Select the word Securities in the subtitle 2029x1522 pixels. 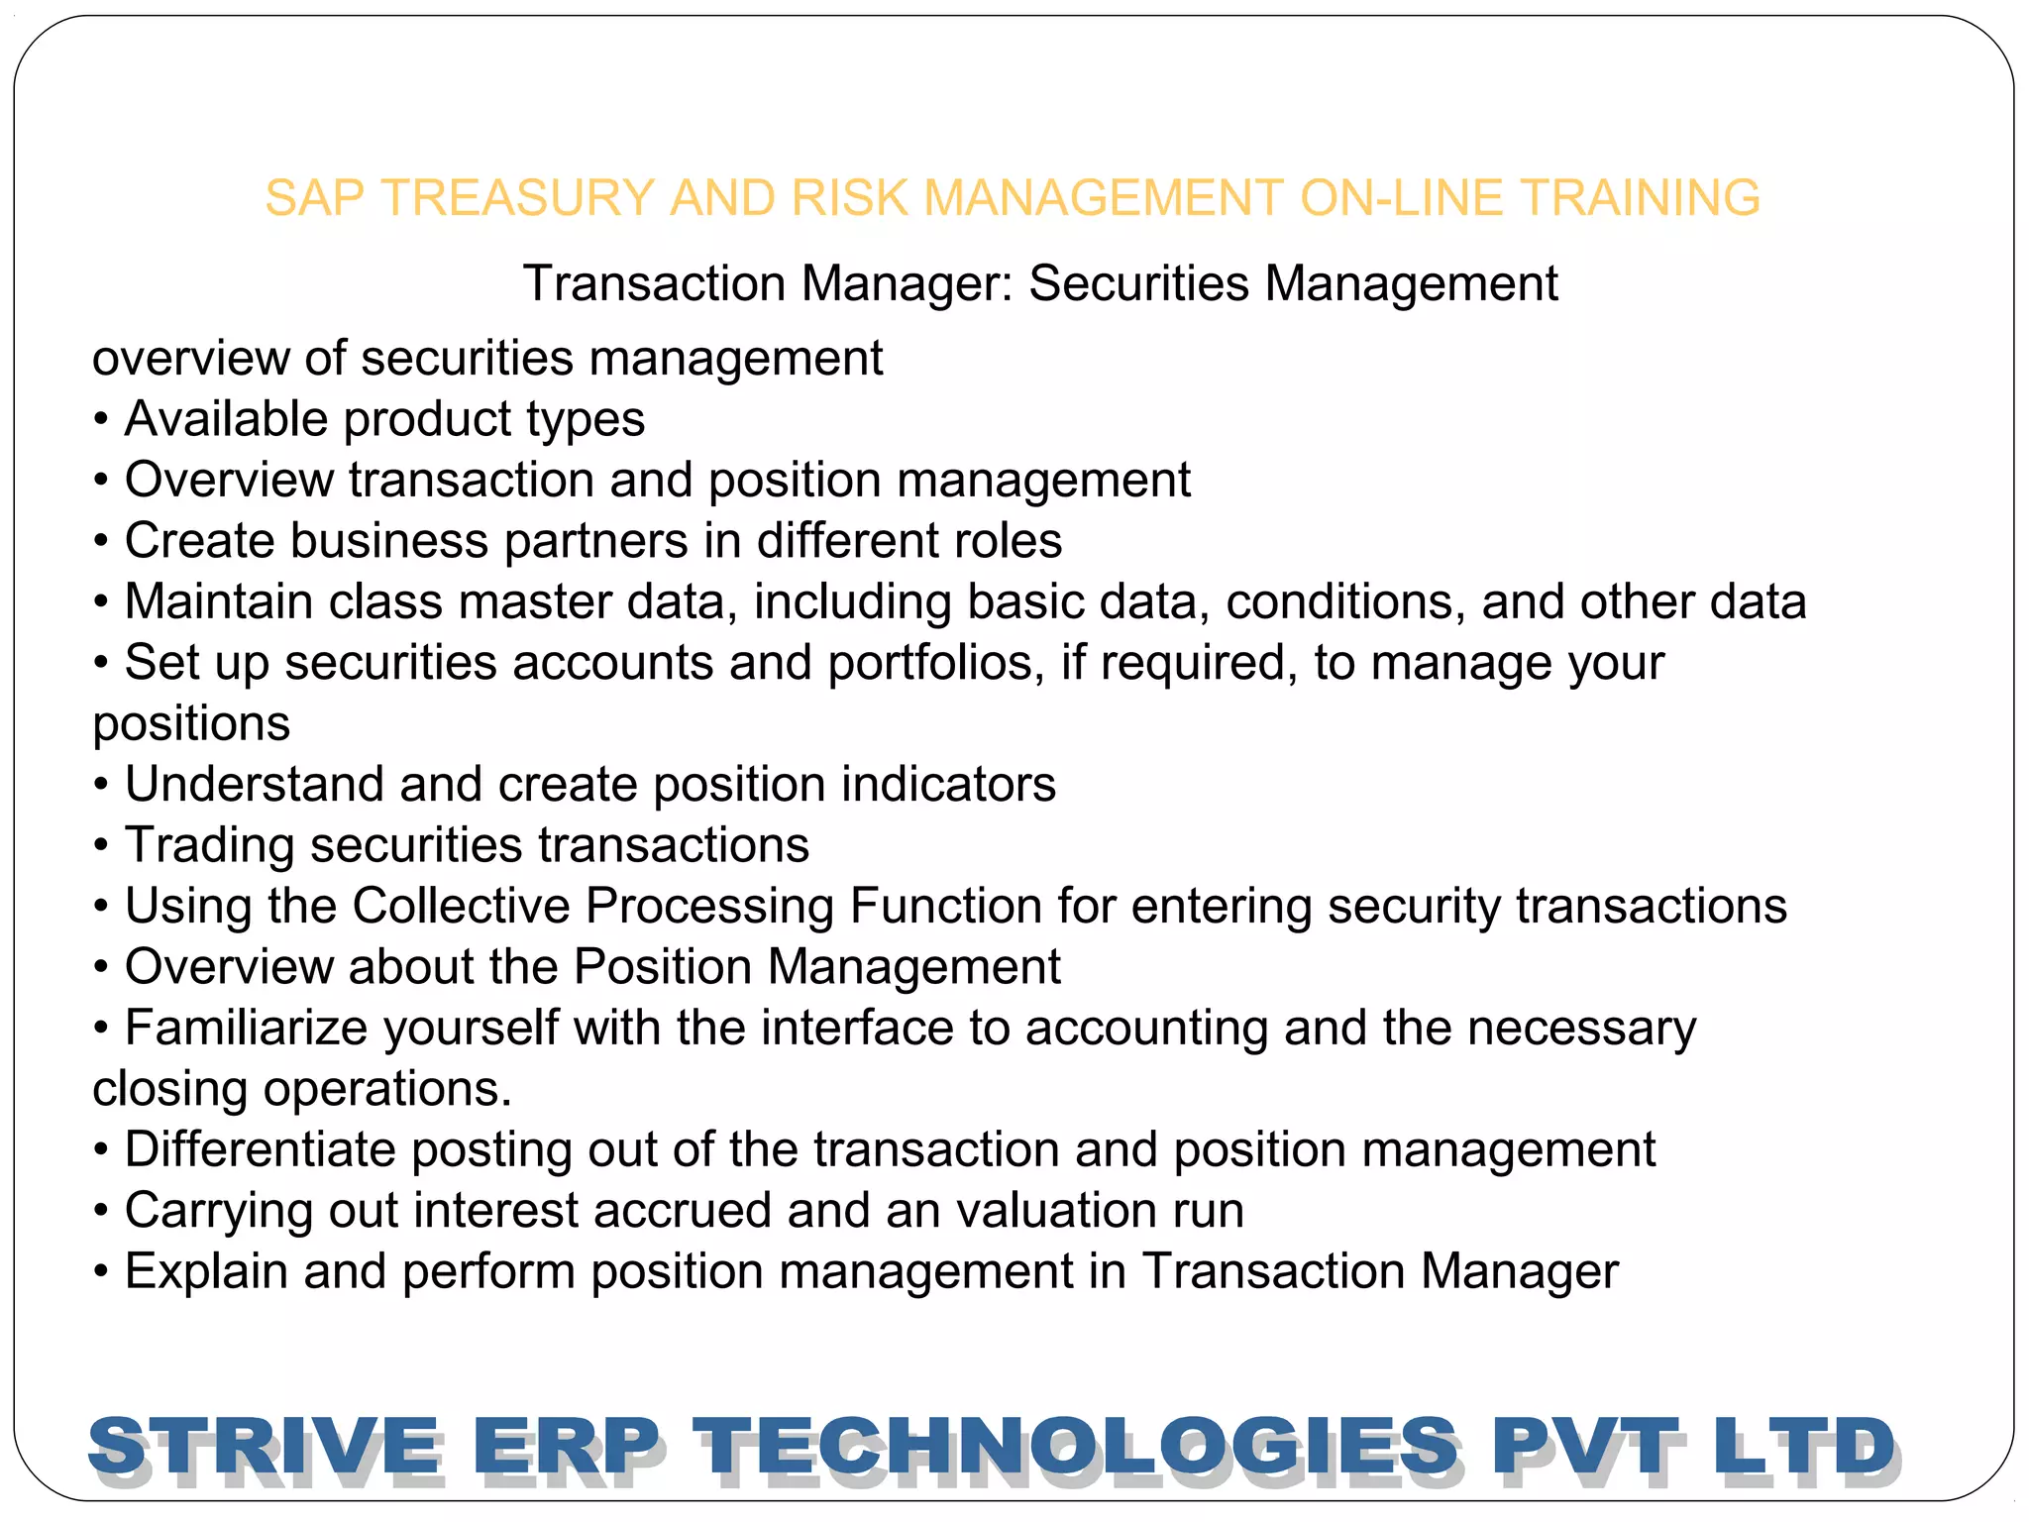click(x=1138, y=283)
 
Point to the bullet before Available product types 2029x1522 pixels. click(x=101, y=420)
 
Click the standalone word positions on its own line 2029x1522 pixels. click(x=191, y=723)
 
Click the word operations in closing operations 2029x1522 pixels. click(x=387, y=1089)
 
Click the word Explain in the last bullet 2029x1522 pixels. click(x=206, y=1271)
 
